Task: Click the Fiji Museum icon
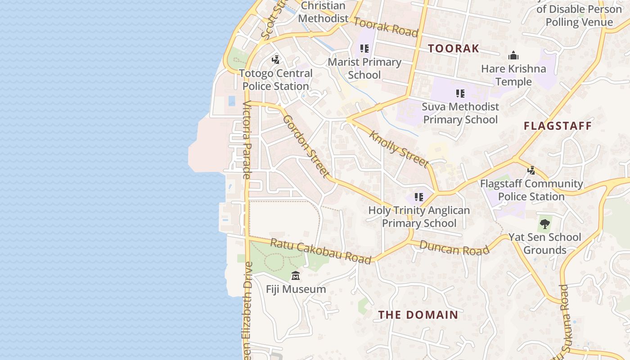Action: (296, 275)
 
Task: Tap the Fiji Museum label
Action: (296, 289)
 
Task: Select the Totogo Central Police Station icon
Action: (275, 59)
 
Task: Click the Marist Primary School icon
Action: (364, 49)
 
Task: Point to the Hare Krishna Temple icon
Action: (513, 56)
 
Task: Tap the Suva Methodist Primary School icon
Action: (460, 94)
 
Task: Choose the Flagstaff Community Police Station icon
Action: (531, 171)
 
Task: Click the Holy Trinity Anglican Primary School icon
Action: (419, 197)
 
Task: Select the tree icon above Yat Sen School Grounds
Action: (545, 223)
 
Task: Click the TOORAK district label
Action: (453, 49)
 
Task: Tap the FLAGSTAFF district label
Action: (558, 126)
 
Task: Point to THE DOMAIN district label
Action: (418, 315)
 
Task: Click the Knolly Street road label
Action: (398, 148)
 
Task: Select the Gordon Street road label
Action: (306, 145)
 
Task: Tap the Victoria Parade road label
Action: (247, 139)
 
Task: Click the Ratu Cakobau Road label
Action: (320, 251)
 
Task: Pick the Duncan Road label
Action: (454, 247)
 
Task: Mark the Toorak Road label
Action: (386, 27)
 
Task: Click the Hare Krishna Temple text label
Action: (513, 75)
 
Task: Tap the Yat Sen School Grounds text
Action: (544, 243)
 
